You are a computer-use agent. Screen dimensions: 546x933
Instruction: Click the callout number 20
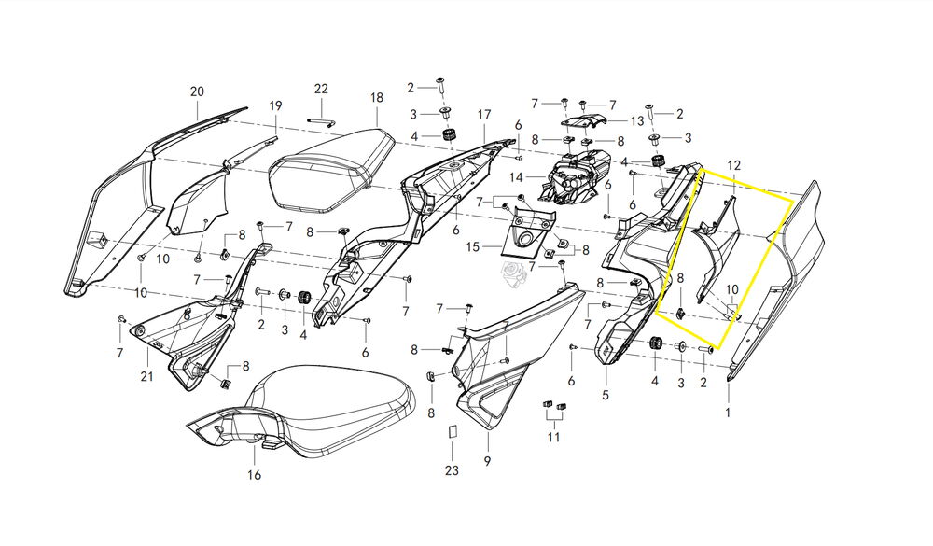(196, 91)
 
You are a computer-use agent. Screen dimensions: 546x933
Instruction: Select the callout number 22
(321, 89)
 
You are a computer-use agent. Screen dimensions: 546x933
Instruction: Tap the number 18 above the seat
(376, 98)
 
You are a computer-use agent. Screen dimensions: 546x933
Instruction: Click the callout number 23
(452, 471)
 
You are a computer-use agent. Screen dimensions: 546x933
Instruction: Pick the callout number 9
(487, 461)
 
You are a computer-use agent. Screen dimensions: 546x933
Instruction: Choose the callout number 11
(554, 437)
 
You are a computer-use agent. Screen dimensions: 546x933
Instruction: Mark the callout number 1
(729, 412)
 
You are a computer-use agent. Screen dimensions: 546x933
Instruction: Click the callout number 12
(734, 165)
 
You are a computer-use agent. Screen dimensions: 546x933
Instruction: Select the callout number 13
(637, 121)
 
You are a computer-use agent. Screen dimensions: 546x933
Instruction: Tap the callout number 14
(516, 177)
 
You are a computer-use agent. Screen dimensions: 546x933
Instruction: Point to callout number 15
(472, 247)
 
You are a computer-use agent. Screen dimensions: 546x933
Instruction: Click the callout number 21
(146, 376)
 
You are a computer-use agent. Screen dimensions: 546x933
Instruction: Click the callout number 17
(484, 115)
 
